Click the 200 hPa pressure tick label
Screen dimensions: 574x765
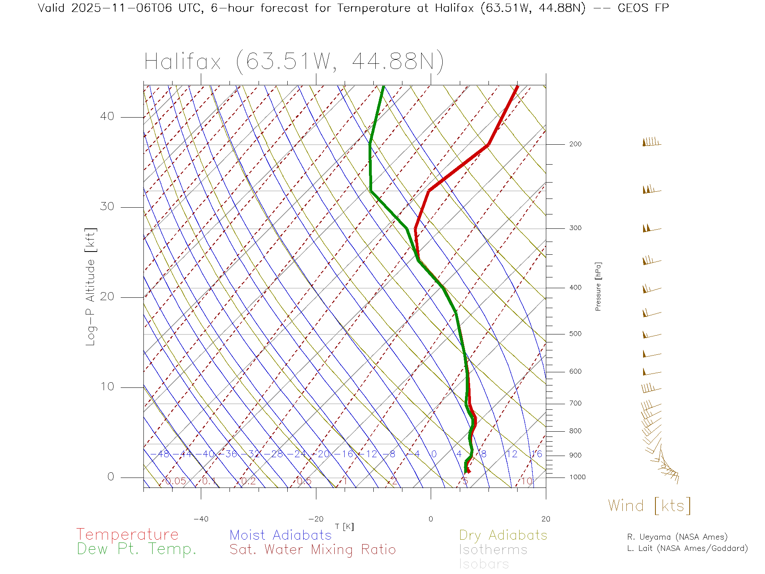[x=575, y=144]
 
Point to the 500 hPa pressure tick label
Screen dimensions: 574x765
[x=575, y=334]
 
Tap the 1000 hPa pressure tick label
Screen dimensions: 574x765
[x=577, y=478]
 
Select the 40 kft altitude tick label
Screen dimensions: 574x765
[x=107, y=116]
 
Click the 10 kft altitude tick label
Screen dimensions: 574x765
[x=107, y=387]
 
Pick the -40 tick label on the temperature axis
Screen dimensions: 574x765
[x=201, y=519]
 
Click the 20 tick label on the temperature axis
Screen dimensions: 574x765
[x=545, y=519]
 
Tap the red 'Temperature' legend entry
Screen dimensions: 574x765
[x=127, y=535]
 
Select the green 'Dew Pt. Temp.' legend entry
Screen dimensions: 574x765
[x=137, y=549]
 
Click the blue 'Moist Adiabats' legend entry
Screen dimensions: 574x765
[x=281, y=535]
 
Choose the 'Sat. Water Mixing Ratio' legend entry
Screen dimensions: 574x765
[x=312, y=550]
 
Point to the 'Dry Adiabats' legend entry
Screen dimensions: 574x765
[x=503, y=535]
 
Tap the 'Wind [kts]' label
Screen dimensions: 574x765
[x=649, y=505]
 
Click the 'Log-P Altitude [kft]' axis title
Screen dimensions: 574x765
[x=91, y=287]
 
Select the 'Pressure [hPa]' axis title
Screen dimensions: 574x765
[x=598, y=286]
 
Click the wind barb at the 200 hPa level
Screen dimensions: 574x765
[x=651, y=142]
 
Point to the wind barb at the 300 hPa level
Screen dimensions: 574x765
[x=651, y=228]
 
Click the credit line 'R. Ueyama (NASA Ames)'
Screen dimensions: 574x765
[x=677, y=537]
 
